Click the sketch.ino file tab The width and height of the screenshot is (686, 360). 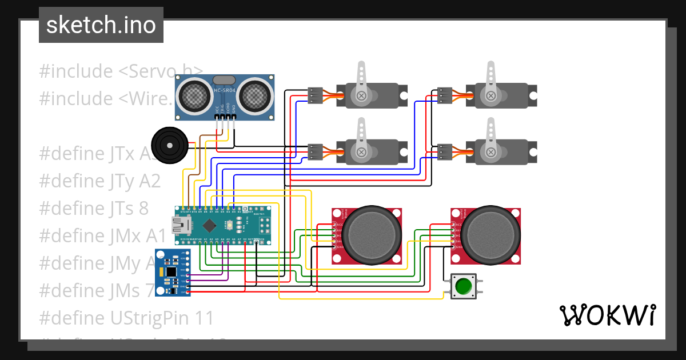pos(101,25)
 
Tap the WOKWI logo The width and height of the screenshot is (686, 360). pos(607,315)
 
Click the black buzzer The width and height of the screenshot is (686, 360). pos(169,145)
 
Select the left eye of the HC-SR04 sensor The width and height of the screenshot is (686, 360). pos(195,95)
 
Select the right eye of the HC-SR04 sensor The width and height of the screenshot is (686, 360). pos(254,95)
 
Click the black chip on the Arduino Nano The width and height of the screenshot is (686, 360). pos(210,224)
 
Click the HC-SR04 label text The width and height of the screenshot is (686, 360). pos(225,90)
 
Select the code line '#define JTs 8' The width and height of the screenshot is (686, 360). pos(94,208)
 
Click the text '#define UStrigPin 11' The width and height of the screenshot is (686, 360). pos(126,317)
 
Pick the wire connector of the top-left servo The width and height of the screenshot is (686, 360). pos(314,95)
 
